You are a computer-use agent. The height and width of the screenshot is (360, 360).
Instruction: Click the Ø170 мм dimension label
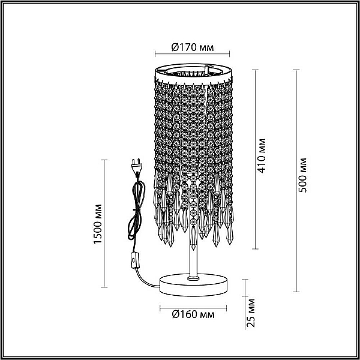(193, 47)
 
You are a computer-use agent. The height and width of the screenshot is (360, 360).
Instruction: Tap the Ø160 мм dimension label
(193, 314)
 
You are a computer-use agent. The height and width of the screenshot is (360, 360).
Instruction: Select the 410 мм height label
(261, 155)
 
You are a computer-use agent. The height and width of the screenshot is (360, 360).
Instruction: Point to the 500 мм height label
(302, 175)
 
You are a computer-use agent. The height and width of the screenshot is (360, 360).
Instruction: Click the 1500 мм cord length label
(98, 224)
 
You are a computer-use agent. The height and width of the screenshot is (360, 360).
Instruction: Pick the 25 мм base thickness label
(251, 313)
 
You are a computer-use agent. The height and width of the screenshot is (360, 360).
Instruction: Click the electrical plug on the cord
(137, 167)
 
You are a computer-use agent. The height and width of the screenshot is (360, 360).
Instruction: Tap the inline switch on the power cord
(135, 260)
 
